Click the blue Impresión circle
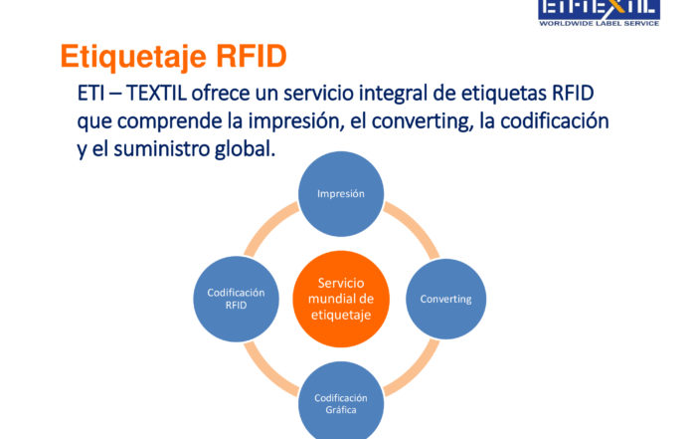click(341, 194)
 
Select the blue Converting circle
click(445, 299)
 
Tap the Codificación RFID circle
click(237, 299)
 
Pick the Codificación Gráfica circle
click(341, 401)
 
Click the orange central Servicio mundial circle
click(341, 299)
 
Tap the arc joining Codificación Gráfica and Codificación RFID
click(266, 372)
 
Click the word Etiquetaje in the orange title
click(133, 57)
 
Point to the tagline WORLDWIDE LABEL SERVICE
click(599, 23)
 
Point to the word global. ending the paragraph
click(245, 149)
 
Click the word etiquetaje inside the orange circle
click(341, 315)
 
